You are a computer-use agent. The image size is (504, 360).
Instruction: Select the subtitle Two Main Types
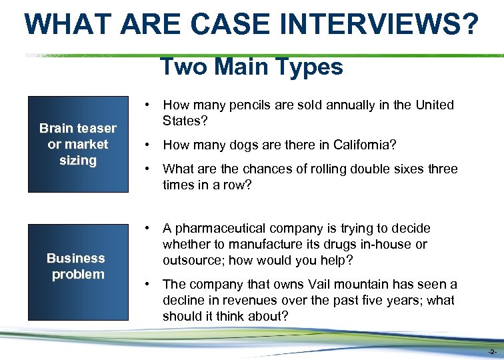click(x=251, y=67)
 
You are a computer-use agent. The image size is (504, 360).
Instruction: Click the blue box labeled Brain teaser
click(x=77, y=144)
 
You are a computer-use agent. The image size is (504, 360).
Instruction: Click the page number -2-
click(x=491, y=351)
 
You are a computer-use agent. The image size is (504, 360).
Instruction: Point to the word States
click(x=181, y=121)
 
